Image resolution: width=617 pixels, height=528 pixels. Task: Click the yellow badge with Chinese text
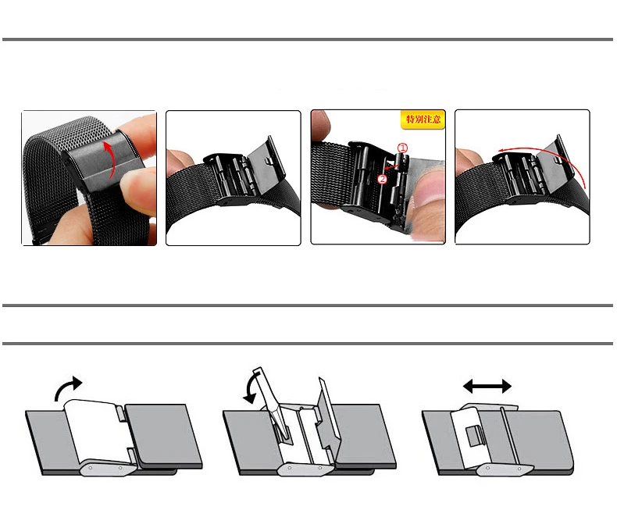point(423,120)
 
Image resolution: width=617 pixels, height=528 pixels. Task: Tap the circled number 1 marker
point(402,148)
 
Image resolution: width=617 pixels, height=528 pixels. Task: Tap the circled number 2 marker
point(382,180)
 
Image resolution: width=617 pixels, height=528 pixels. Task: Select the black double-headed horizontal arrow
point(487,387)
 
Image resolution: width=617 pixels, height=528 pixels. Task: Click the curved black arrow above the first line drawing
point(68,388)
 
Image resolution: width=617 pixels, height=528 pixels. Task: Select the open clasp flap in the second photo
point(266,164)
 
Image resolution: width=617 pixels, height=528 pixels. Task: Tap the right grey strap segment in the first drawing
point(163,435)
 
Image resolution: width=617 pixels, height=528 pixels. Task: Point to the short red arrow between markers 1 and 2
point(391,167)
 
